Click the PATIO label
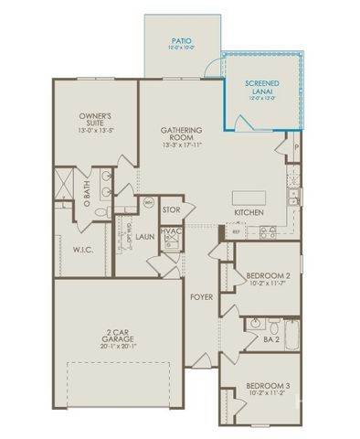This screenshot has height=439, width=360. (x=182, y=40)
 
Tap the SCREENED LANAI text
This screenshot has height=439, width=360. (x=262, y=88)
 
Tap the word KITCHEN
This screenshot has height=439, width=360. (x=249, y=212)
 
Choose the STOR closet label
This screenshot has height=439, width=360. (x=171, y=210)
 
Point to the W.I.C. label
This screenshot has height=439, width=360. (x=84, y=248)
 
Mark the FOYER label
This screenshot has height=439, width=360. (x=200, y=297)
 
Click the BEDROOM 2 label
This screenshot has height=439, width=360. (x=270, y=275)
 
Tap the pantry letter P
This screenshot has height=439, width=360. (x=296, y=147)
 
